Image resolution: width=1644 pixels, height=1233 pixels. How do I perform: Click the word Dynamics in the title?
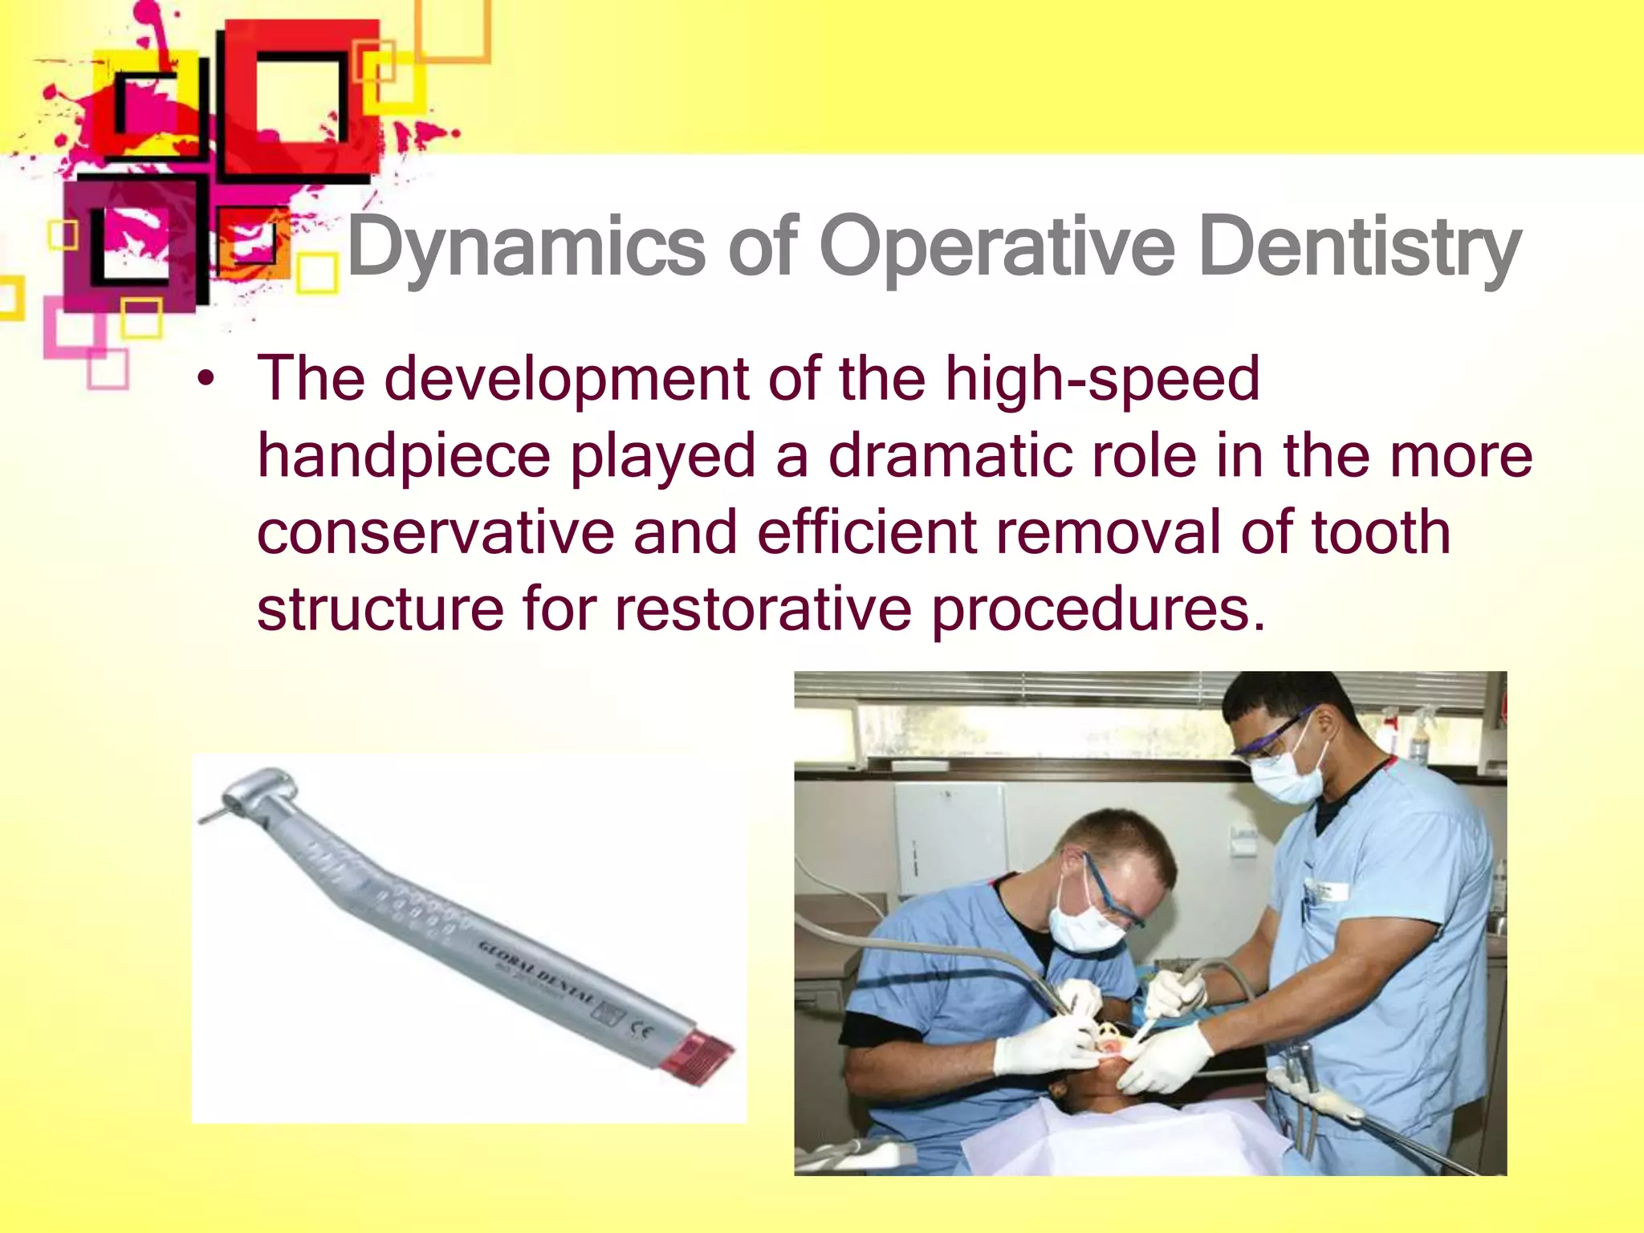point(526,247)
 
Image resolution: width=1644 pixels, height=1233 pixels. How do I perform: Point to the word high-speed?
point(1101,380)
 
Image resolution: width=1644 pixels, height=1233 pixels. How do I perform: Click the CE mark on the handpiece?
point(643,1028)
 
